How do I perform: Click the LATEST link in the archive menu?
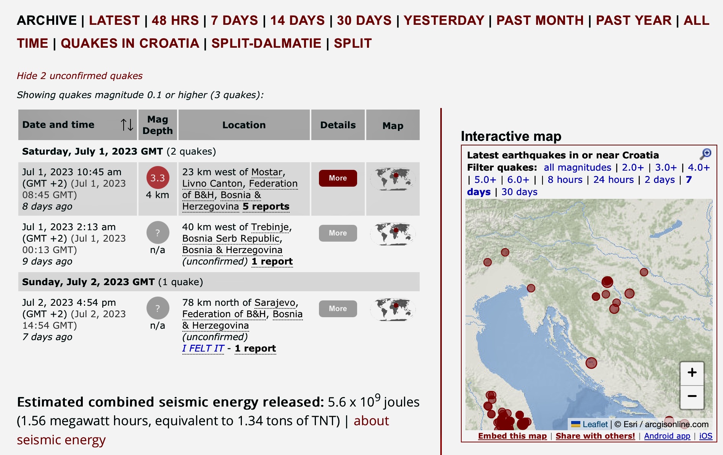114,20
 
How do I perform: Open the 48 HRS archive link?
175,20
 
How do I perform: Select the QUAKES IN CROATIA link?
130,43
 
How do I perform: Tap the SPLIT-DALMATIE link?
266,43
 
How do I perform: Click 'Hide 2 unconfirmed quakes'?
79,76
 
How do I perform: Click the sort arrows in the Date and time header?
127,124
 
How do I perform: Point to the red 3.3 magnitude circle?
158,177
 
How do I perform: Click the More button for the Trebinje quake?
338,233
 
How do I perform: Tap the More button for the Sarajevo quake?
338,308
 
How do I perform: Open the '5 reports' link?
266,207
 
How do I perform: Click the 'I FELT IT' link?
203,349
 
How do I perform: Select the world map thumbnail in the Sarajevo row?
393,309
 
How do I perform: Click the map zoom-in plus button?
692,373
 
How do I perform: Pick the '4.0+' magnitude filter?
699,168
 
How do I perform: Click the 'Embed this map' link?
512,436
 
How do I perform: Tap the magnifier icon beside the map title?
705,154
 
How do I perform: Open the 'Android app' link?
667,436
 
